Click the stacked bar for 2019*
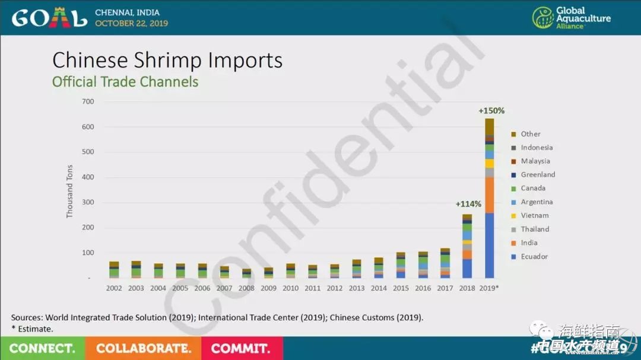point(490,199)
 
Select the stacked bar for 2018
point(467,246)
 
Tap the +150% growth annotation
point(491,111)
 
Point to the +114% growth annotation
point(468,204)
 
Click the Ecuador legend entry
point(533,256)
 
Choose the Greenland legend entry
point(537,174)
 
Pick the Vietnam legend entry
point(534,215)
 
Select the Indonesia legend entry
point(536,147)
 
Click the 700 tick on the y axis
point(88,101)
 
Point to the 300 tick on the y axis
point(88,203)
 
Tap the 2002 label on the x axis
point(114,288)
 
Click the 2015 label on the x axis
point(401,288)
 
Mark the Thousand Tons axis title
point(69,191)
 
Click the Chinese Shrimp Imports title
point(167,60)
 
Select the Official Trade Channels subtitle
point(125,82)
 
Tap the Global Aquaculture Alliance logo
point(571,18)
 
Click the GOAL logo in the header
point(49,18)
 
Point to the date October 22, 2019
point(131,24)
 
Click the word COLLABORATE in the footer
point(144,348)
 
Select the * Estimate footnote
point(32,328)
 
